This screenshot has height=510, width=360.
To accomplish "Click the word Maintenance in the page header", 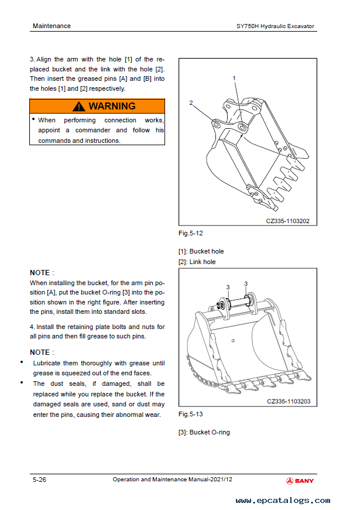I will click(x=52, y=26).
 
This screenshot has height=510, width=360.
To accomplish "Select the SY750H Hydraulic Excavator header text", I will click(x=275, y=26).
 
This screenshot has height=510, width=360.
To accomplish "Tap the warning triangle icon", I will click(x=79, y=107).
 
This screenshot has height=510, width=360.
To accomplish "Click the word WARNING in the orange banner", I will click(x=112, y=107).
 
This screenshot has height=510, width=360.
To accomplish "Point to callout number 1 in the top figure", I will click(x=234, y=78).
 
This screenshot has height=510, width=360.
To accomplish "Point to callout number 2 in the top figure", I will click(x=191, y=102).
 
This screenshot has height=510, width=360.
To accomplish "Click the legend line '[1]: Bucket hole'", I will click(x=201, y=251).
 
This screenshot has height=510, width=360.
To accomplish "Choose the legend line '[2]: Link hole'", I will click(x=197, y=262).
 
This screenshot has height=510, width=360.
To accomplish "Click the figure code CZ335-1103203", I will click(x=288, y=402).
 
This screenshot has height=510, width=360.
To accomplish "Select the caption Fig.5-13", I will click(x=191, y=414).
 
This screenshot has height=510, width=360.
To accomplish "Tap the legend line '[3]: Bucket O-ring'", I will click(x=204, y=432).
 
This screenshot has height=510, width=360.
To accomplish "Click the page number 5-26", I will click(x=40, y=480).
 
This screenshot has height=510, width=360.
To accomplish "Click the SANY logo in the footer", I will click(x=300, y=481).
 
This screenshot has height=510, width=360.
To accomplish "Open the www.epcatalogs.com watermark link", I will click(x=283, y=501).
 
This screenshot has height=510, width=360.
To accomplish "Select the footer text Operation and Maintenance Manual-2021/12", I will click(x=173, y=480).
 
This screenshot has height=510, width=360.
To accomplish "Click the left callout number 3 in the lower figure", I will click(x=227, y=287).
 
